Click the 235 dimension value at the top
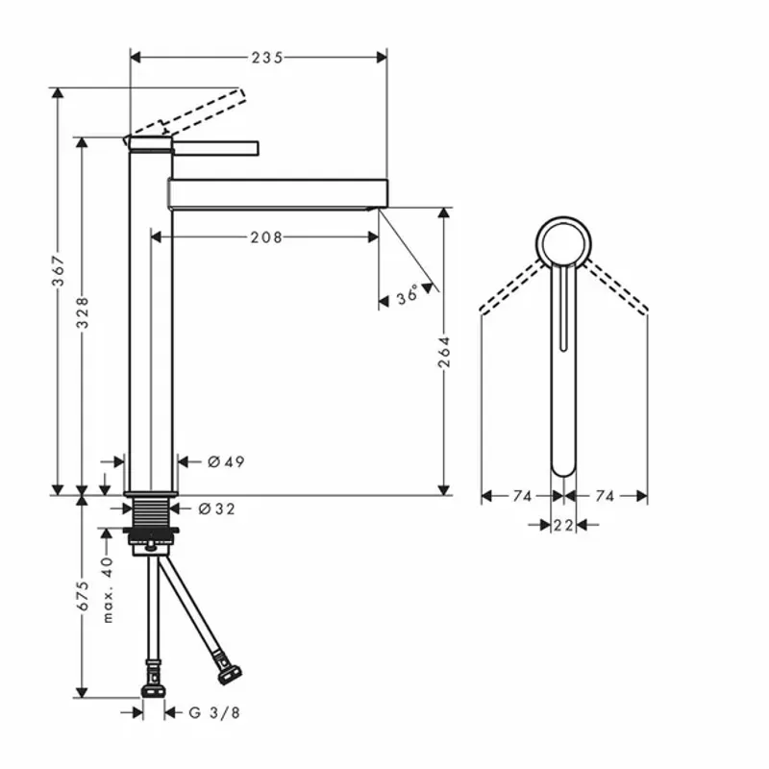point(267,57)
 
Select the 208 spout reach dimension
point(266,236)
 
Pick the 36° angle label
point(408,297)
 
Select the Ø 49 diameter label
point(227,462)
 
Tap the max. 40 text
point(109,589)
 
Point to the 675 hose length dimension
point(84,595)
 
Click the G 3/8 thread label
point(213,712)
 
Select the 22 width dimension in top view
point(563,524)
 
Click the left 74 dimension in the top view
point(522,496)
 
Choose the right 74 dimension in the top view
point(605,496)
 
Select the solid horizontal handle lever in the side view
point(216,146)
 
